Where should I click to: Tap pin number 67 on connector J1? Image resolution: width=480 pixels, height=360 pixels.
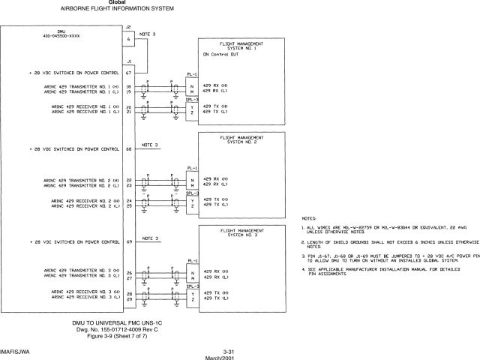[x=129, y=73]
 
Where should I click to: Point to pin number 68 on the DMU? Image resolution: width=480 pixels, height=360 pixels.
[x=129, y=148]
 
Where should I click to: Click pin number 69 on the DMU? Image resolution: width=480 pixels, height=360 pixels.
[x=129, y=242]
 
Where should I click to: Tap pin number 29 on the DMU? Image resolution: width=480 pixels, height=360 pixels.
[x=129, y=300]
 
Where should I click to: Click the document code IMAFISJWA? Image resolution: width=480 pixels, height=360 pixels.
[x=16, y=350]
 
